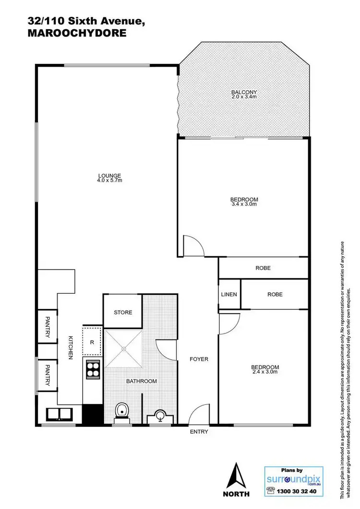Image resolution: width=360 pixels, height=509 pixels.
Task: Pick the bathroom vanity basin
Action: (x=160, y=416)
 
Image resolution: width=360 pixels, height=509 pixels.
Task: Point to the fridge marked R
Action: (x=92, y=342)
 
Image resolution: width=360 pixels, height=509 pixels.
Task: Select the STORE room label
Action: (x=123, y=313)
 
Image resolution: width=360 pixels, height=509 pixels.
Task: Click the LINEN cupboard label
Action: (x=229, y=294)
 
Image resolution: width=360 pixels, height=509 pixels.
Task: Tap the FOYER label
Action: (x=199, y=359)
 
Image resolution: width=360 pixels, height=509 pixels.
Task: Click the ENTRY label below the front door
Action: (x=199, y=432)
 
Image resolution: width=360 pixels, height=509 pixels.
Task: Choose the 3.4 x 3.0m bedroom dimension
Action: (x=244, y=204)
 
